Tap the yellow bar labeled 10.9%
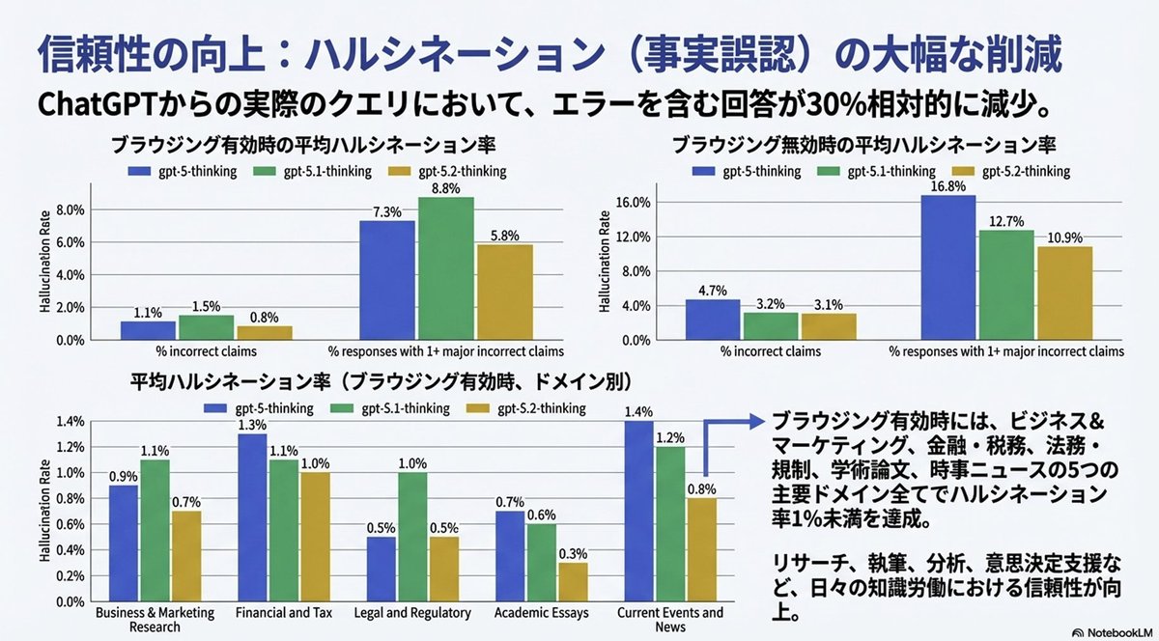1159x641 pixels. click(1064, 293)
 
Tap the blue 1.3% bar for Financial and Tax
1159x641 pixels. click(251, 517)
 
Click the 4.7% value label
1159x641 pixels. click(712, 289)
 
